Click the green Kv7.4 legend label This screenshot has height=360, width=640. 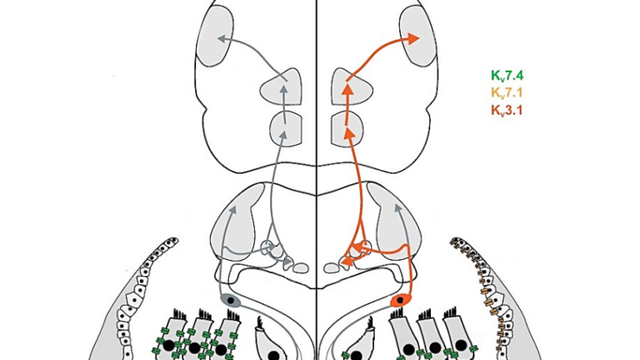tap(507, 76)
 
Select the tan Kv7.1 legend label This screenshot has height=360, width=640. tap(507, 93)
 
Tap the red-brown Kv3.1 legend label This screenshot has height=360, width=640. tap(507, 110)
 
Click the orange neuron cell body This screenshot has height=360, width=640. tap(401, 301)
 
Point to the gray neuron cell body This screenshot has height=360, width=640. tap(231, 300)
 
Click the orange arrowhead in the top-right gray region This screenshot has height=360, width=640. tap(413, 39)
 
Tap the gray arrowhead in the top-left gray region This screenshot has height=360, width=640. tap(222, 39)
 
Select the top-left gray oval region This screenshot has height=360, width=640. tap(215, 35)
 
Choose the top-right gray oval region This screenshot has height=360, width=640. tap(418, 35)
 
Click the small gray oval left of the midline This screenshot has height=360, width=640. tap(301, 267)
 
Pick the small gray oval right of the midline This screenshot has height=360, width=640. tap(332, 267)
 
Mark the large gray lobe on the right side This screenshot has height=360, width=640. tap(394, 220)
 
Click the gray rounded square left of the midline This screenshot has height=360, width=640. tap(286, 128)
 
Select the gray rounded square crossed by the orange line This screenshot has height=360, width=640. tap(347, 128)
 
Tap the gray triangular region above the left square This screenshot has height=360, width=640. tap(282, 87)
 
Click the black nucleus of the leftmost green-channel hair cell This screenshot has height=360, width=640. tap(169, 346)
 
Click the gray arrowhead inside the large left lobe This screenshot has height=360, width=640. tap(233, 210)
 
